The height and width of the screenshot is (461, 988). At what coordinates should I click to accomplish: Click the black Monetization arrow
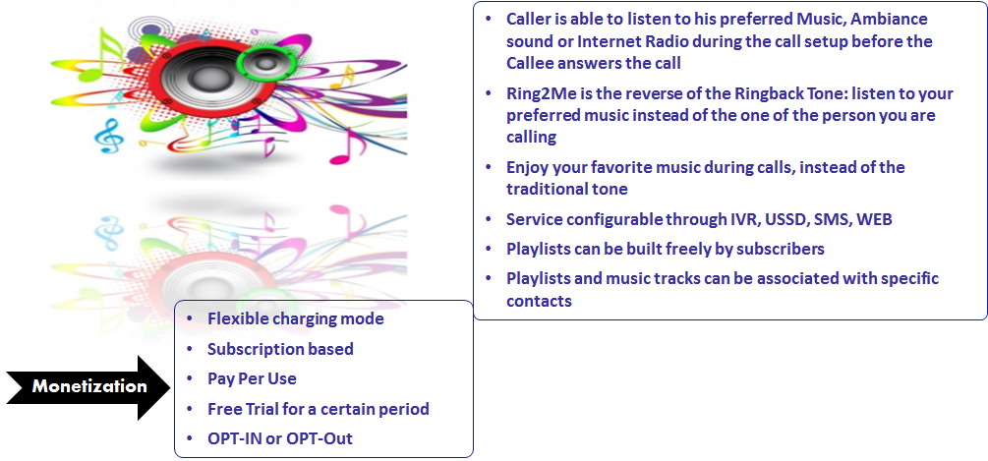pos(88,386)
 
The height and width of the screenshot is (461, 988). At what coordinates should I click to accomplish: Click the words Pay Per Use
pos(252,378)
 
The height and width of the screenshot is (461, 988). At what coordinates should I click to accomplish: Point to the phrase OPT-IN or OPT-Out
pos(280,438)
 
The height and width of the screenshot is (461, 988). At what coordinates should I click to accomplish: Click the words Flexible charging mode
pos(296,319)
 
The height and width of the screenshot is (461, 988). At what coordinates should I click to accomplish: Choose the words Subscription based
pos(280,349)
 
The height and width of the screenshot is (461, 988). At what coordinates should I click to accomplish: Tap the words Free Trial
pos(243,409)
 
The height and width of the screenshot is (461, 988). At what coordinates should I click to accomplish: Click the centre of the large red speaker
pos(203,78)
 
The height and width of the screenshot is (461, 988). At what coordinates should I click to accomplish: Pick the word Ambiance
pos(889,19)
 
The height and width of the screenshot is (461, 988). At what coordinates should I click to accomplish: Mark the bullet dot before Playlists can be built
pos(489,248)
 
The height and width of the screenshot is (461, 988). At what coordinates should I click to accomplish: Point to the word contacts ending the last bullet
pos(539,301)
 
